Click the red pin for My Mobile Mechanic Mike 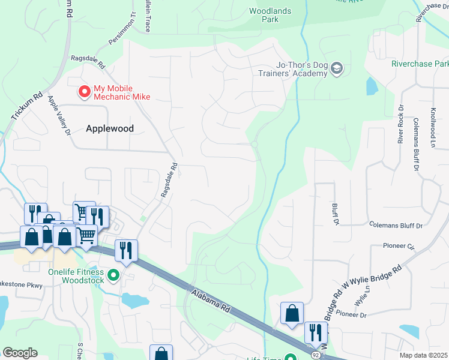coord(85,92)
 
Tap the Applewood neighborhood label coord(110,128)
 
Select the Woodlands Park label coord(270,15)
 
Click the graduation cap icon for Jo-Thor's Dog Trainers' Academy coord(336,68)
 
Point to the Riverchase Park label coord(420,64)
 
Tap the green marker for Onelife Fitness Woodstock coord(112,276)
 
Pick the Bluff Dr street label coord(334,214)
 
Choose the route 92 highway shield coord(315,355)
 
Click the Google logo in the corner coord(20,352)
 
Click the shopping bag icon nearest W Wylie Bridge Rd coord(292,313)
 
